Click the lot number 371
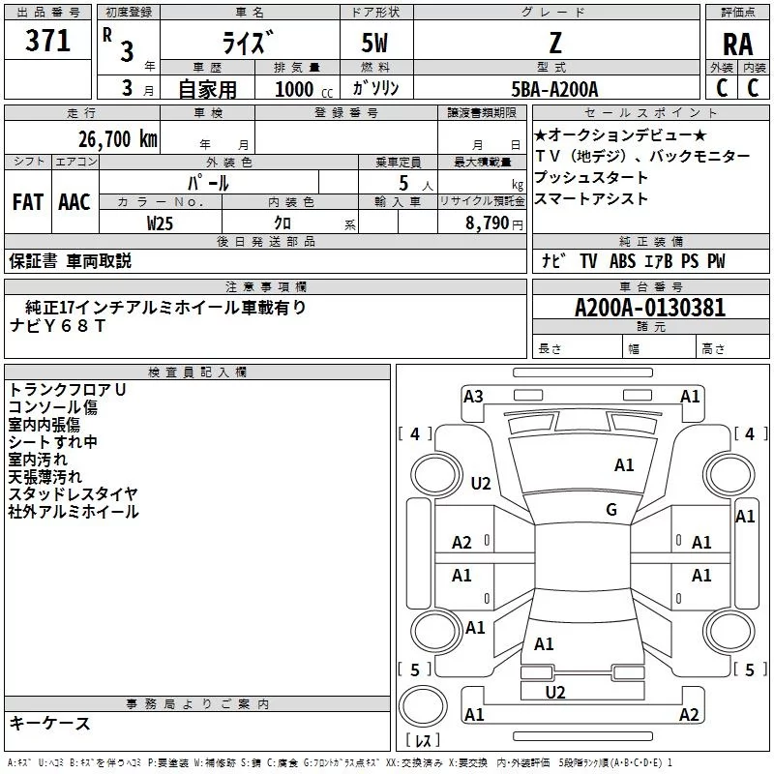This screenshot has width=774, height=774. click(x=47, y=41)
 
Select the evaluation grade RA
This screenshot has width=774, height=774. click(x=737, y=45)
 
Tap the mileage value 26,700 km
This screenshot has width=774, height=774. click(x=117, y=139)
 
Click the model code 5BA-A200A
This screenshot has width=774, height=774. click(x=554, y=89)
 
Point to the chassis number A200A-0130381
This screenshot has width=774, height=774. click(x=650, y=308)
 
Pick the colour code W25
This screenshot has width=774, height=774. click(x=160, y=223)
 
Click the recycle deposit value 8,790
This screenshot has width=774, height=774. click(x=487, y=223)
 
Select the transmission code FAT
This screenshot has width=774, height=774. click(x=28, y=202)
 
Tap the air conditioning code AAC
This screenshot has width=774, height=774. click(x=74, y=202)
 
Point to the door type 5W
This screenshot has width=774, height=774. click(x=374, y=43)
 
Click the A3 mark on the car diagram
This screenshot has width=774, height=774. click(x=473, y=397)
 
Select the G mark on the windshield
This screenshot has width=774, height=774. click(x=611, y=509)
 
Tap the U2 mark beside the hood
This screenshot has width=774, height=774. click(x=480, y=483)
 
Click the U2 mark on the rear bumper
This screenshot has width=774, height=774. click(x=554, y=693)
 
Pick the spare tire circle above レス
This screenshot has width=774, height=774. click(x=423, y=706)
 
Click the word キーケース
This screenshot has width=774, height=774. click(x=50, y=724)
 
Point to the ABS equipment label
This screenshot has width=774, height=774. click(x=622, y=261)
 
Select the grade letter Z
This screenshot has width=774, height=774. click(x=555, y=43)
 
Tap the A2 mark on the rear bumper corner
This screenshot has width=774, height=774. click(x=689, y=714)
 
